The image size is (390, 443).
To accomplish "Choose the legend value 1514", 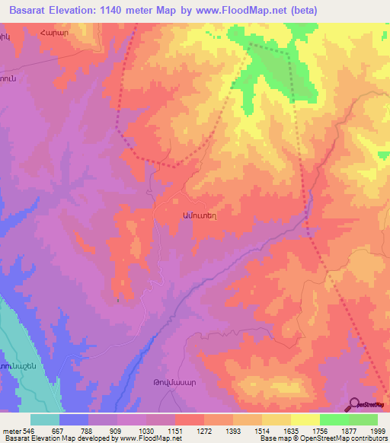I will point(262,430).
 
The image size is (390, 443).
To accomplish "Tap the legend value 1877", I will point(348,430).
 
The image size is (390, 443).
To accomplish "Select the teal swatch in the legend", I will point(45,419).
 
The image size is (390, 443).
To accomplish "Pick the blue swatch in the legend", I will point(74,419).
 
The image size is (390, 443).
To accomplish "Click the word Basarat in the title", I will point(27,10).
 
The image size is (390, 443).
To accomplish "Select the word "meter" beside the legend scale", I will point(10,430).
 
